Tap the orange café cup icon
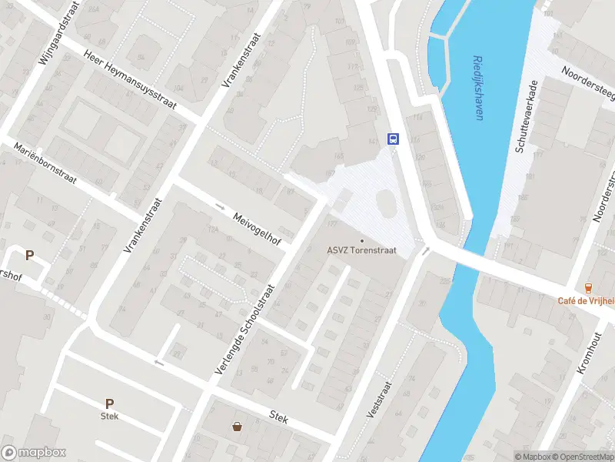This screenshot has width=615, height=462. click(x=589, y=287)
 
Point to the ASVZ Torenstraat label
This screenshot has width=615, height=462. click(x=361, y=249)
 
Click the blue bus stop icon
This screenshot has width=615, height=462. click(x=393, y=139)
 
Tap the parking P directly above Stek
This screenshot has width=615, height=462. click(x=109, y=403)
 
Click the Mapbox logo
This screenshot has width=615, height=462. click(x=34, y=453)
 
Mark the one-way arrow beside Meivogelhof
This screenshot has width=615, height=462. click(x=221, y=206)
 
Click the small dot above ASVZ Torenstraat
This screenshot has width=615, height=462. click(x=362, y=239)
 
